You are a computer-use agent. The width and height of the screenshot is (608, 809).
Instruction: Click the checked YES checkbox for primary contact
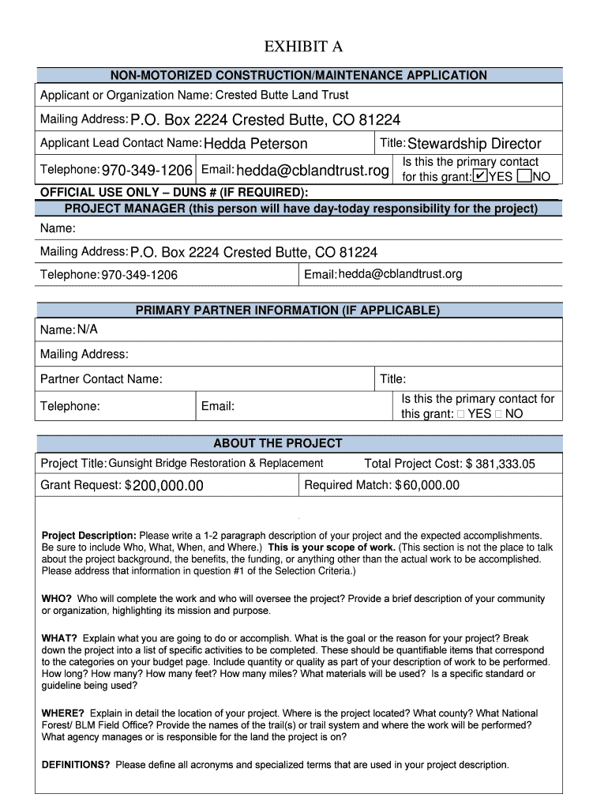pyautogui.click(x=479, y=177)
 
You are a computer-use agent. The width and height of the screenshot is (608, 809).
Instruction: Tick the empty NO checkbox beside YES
pyautogui.click(x=524, y=177)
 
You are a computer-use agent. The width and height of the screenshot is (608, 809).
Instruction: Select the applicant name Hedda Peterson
pyautogui.click(x=255, y=144)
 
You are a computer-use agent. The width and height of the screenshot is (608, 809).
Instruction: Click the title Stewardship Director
pyautogui.click(x=474, y=144)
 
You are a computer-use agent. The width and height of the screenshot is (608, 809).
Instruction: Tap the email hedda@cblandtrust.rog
pyautogui.click(x=312, y=171)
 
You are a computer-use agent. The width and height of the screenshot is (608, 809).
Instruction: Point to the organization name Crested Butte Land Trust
pyautogui.click(x=282, y=95)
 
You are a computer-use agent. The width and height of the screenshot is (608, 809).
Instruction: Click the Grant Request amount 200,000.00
pyautogui.click(x=167, y=486)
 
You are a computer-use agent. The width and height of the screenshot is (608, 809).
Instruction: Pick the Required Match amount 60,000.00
pyautogui.click(x=431, y=485)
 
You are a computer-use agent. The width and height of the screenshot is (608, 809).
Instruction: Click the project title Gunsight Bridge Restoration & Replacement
pyautogui.click(x=216, y=463)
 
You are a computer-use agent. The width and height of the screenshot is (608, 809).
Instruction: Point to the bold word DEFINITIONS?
pyautogui.click(x=76, y=765)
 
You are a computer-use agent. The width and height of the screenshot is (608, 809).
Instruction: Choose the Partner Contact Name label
pyautogui.click(x=101, y=379)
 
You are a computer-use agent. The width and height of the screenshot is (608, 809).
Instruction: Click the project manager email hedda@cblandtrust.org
pyautogui.click(x=400, y=274)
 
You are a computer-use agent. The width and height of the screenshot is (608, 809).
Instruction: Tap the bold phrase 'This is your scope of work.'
pyautogui.click(x=332, y=547)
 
